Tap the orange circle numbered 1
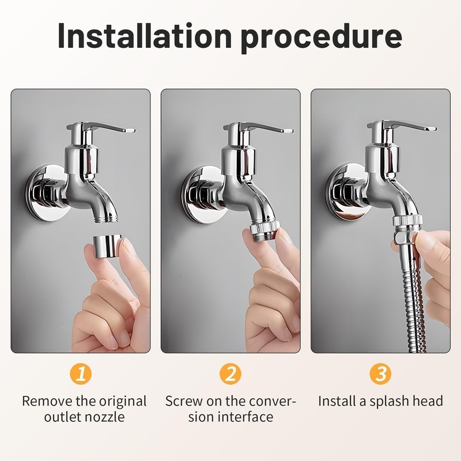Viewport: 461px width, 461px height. point(81,374)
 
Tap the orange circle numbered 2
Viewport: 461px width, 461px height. point(231,374)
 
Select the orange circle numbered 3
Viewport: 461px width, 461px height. point(380,374)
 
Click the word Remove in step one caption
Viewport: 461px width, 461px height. point(48,401)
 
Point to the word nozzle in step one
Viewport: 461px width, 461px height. point(104,417)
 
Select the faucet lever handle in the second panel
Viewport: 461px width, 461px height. point(265,129)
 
